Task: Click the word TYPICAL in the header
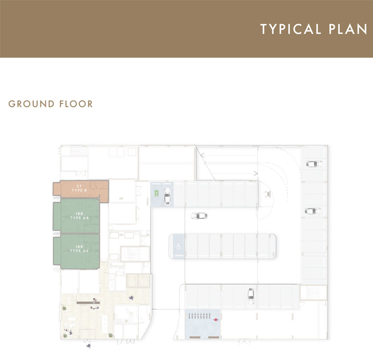[290, 29]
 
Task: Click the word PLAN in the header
[347, 29]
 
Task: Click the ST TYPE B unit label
[79, 188]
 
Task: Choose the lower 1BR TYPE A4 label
[79, 249]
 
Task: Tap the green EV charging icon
[157, 193]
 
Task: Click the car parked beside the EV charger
[167, 196]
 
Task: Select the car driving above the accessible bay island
[199, 215]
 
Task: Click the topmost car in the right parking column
[314, 164]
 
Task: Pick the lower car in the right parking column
[312, 211]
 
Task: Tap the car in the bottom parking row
[250, 294]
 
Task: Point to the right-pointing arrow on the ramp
[255, 173]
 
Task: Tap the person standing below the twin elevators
[131, 298]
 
